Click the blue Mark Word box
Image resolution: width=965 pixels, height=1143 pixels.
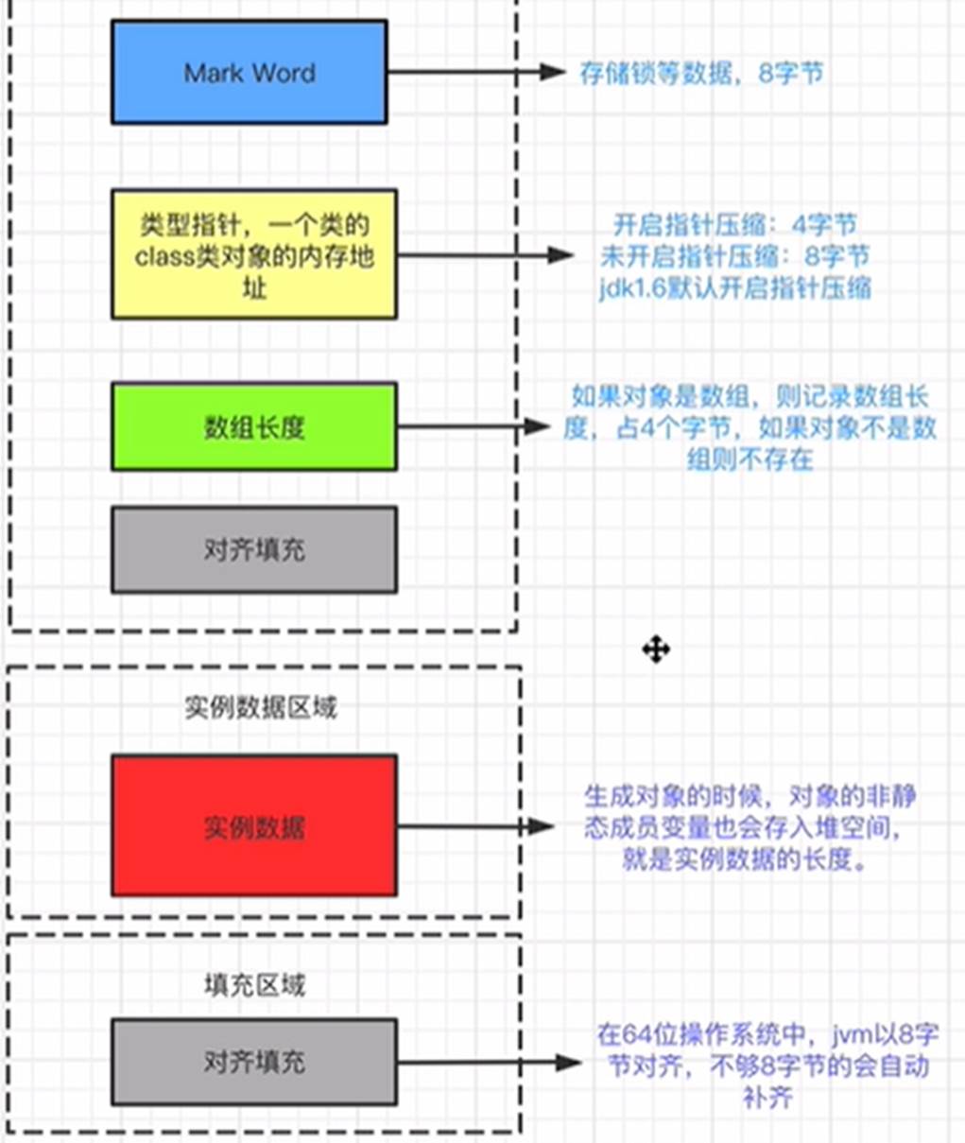tap(249, 72)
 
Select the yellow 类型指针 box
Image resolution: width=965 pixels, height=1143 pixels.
tap(253, 254)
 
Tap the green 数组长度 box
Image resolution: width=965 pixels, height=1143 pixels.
tap(253, 426)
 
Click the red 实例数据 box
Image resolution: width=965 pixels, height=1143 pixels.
tap(253, 826)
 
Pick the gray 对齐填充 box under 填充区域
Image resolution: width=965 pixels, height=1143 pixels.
tap(253, 1062)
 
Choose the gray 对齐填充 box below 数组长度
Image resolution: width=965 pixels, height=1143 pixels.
tap(253, 549)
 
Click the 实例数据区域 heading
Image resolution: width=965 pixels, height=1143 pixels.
tap(261, 707)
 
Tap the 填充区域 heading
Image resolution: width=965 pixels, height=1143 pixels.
tap(255, 985)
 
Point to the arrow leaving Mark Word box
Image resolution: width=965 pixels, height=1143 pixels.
tap(473, 72)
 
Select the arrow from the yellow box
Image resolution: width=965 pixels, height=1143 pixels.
tap(482, 254)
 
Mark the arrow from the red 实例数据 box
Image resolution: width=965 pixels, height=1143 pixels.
tap(473, 826)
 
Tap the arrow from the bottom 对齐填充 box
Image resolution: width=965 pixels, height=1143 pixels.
tap(486, 1063)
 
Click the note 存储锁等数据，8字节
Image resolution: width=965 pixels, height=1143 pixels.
tap(701, 73)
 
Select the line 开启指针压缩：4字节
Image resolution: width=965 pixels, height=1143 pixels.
tap(735, 225)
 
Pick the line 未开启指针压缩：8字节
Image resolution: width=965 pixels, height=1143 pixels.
tap(735, 256)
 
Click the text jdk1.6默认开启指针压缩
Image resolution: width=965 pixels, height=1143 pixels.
tap(735, 287)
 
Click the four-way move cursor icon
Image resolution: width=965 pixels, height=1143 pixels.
tap(656, 649)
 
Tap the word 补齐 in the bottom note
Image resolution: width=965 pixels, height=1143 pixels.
tap(767, 1097)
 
